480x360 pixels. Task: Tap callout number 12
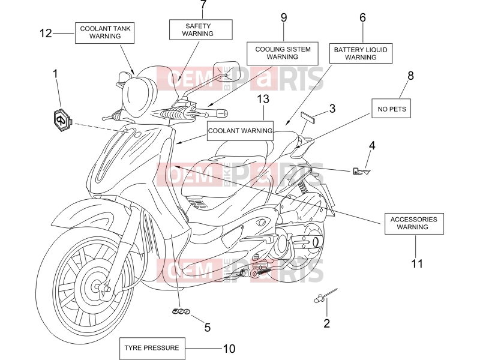click(46, 33)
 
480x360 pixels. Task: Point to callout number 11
click(417, 263)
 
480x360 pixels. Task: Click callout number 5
click(208, 328)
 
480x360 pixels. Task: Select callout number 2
click(326, 323)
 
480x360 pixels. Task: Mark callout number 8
click(410, 76)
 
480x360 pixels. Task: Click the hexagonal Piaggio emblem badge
click(62, 119)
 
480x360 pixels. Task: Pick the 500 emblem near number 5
click(181, 311)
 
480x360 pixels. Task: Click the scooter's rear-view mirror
click(226, 71)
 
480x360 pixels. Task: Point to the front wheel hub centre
click(97, 287)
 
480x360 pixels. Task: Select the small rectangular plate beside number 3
click(308, 117)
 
